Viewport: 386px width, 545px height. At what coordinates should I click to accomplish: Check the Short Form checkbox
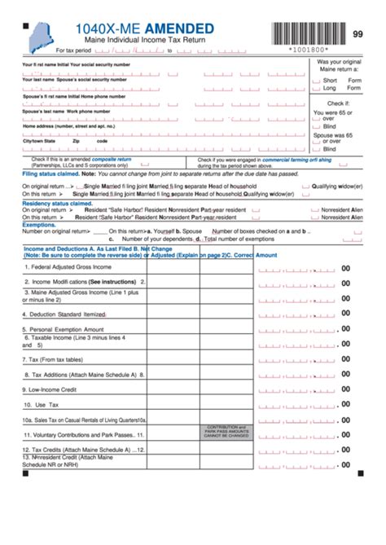pos(317,81)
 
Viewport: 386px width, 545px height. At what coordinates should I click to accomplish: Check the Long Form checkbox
pos(317,89)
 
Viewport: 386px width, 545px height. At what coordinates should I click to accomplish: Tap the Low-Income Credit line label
pos(52,389)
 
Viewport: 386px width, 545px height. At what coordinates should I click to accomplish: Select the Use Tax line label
pos(41,404)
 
